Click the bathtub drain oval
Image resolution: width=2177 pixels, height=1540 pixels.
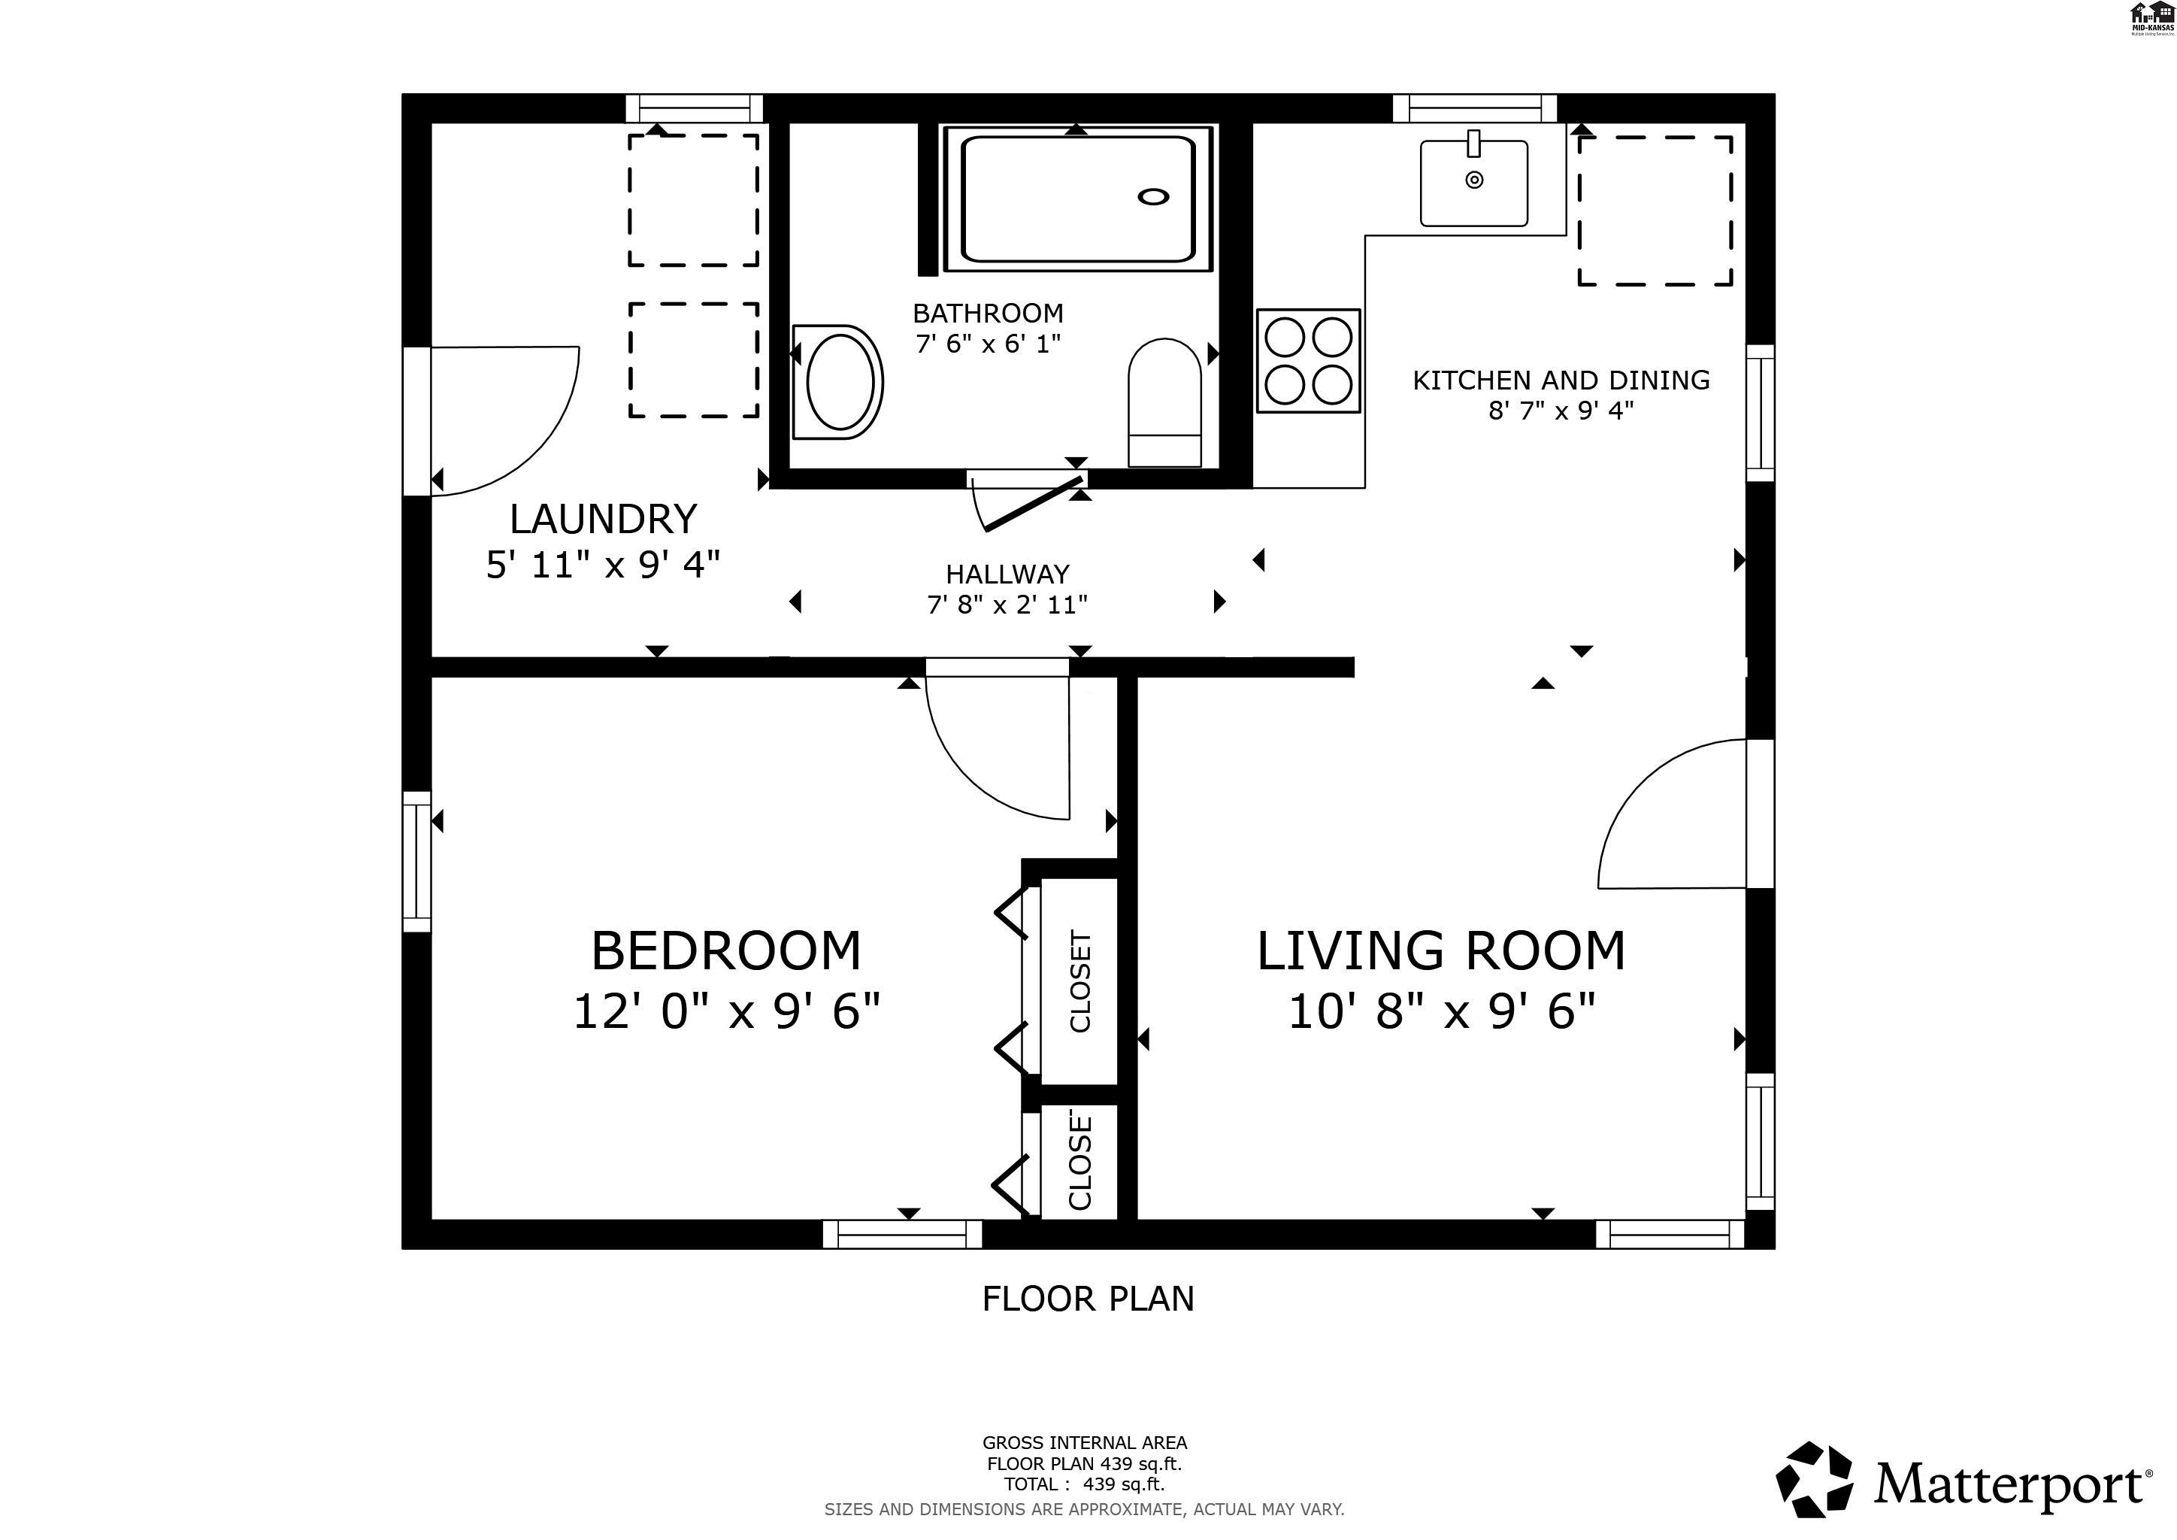pyautogui.click(x=1153, y=196)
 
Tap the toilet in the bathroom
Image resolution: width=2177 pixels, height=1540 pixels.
pyautogui.click(x=1164, y=402)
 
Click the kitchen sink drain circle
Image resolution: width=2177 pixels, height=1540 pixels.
pyautogui.click(x=1473, y=179)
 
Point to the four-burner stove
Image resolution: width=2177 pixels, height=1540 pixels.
pyautogui.click(x=1309, y=360)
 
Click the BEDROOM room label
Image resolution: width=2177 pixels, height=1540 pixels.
pyautogui.click(x=726, y=950)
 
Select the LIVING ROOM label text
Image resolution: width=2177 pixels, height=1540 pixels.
pyautogui.click(x=1441, y=950)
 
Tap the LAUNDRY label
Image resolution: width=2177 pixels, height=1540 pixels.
pyautogui.click(x=603, y=519)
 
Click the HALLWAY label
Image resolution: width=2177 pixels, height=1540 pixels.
pyautogui.click(x=1007, y=574)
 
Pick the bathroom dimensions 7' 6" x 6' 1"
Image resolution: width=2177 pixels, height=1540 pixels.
pyautogui.click(x=988, y=344)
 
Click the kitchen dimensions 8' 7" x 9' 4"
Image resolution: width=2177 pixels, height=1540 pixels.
pyautogui.click(x=1561, y=411)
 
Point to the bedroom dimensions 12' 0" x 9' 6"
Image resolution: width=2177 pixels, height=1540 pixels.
pyautogui.click(x=726, y=1011)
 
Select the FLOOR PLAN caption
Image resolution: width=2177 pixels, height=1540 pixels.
pyautogui.click(x=1088, y=1298)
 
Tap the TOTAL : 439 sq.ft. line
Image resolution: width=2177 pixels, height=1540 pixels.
pyautogui.click(x=1084, y=1484)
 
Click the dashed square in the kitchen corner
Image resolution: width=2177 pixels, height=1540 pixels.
pyautogui.click(x=1655, y=211)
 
